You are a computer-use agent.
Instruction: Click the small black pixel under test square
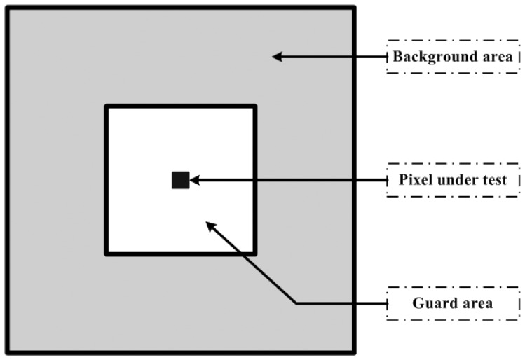(x=180, y=180)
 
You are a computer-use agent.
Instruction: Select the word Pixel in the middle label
(x=411, y=180)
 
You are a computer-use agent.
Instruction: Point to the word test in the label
(x=493, y=180)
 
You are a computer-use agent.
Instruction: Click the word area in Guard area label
(x=479, y=303)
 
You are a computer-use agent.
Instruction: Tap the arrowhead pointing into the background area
(x=278, y=56)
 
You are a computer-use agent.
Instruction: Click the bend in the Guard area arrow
(x=297, y=303)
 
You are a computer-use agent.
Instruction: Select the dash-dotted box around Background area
(x=454, y=43)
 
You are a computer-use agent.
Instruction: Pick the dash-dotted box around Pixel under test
(x=454, y=166)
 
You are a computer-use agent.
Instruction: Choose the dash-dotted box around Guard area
(x=454, y=288)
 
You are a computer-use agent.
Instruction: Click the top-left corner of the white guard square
(x=107, y=106)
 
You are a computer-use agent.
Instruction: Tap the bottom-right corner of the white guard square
(x=254, y=253)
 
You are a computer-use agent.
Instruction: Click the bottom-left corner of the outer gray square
(x=8, y=352)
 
